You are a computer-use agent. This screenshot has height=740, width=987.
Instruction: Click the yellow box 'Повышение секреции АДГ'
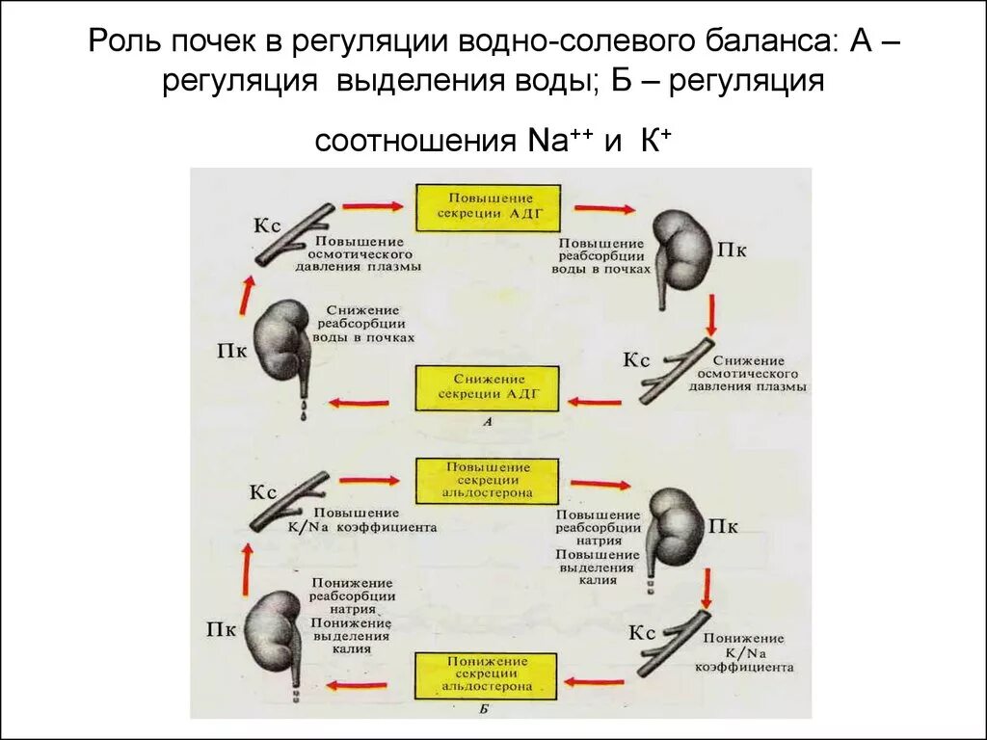(487, 208)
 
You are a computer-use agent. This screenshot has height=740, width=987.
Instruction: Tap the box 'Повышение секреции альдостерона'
(487, 481)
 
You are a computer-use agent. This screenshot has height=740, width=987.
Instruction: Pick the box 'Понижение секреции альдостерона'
(487, 675)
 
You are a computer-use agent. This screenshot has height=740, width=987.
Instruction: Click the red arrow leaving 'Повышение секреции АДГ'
(603, 208)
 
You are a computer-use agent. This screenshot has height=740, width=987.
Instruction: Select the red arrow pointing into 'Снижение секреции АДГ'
(592, 402)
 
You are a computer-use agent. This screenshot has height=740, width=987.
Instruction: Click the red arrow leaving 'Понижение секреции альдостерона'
(357, 686)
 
